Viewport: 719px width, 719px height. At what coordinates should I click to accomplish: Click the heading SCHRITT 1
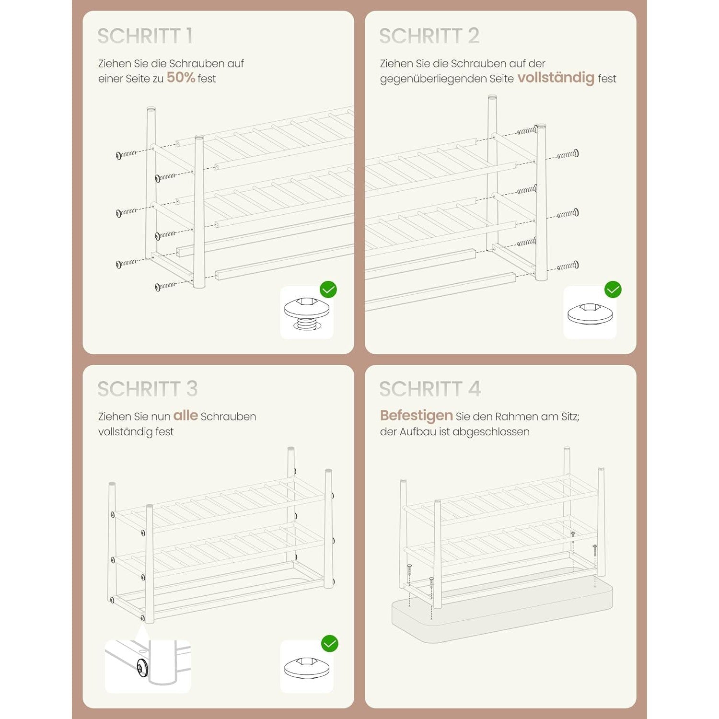pyautogui.click(x=145, y=36)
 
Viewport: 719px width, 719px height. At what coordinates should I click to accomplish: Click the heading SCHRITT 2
pyautogui.click(x=429, y=36)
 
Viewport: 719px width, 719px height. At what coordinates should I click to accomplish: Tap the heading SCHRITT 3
pyautogui.click(x=147, y=389)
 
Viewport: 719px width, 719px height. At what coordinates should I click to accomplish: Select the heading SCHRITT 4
pyautogui.click(x=430, y=389)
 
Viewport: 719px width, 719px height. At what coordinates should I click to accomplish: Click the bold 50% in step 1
pyautogui.click(x=181, y=78)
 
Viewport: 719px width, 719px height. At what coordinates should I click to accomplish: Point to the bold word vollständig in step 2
pyautogui.click(x=556, y=78)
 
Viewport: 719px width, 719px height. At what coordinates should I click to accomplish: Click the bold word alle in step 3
pyautogui.click(x=186, y=416)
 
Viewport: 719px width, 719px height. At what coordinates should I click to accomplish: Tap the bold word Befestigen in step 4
pyautogui.click(x=417, y=416)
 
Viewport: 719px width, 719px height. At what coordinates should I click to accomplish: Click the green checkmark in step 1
pyautogui.click(x=328, y=290)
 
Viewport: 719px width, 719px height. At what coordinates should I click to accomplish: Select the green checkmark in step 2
pyautogui.click(x=613, y=290)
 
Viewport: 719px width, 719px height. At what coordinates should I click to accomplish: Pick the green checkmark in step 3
pyautogui.click(x=329, y=643)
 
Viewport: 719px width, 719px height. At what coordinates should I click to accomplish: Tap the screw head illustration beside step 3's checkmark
pyautogui.click(x=307, y=668)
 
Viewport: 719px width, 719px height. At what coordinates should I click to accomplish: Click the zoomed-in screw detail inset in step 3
pyautogui.click(x=148, y=666)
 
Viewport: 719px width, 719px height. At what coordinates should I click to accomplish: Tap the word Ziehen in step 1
pyautogui.click(x=111, y=64)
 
